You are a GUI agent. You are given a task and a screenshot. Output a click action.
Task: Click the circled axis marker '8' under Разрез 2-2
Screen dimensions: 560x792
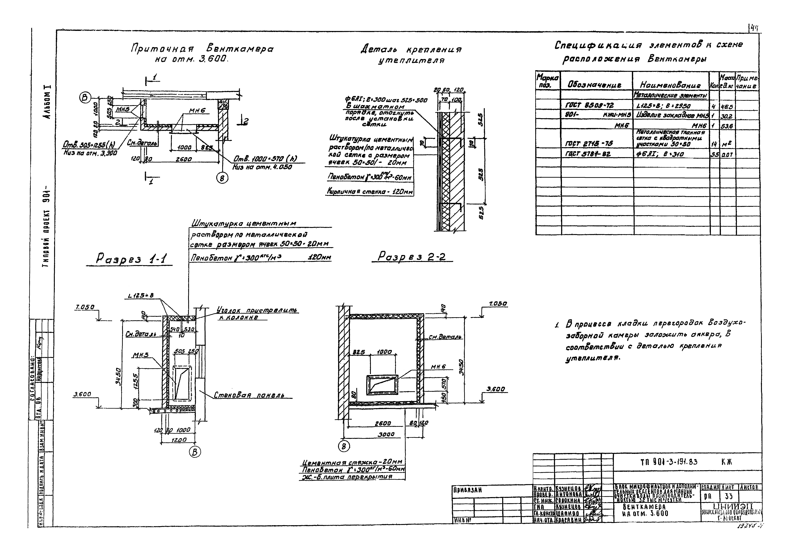tap(344, 446)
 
